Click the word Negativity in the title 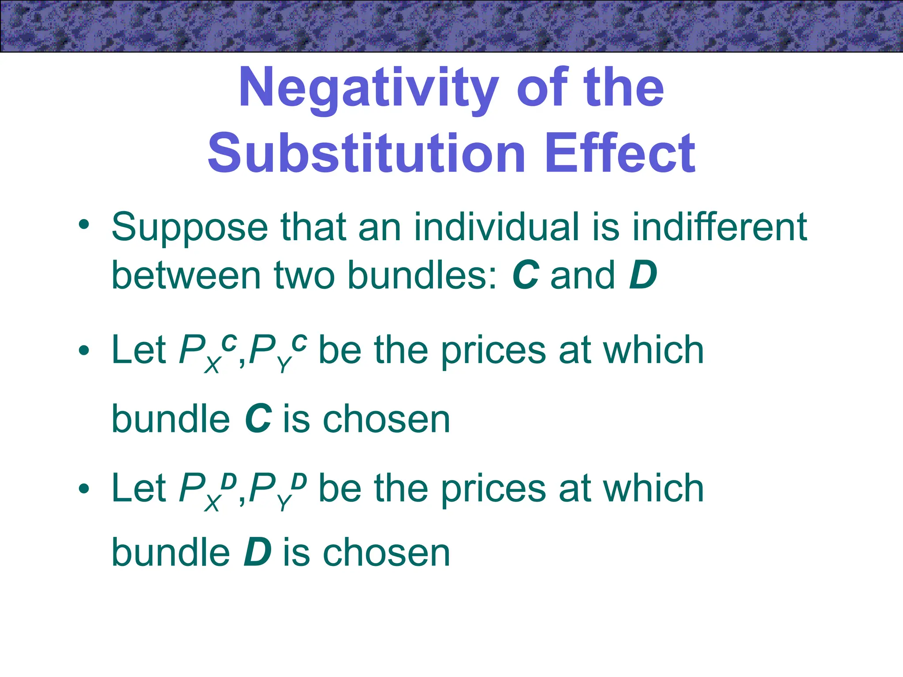pos(369,88)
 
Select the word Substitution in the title pos(366,153)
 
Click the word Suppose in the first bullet pos(190,228)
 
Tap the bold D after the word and pos(643,275)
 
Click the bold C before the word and pos(526,275)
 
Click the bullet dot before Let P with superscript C pos(84,351)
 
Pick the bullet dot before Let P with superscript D pos(84,488)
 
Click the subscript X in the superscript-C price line pos(212,365)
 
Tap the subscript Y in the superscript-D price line pos(284,503)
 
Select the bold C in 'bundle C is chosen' pos(258,419)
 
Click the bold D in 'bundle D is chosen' pos(257,553)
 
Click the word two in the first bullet pos(304,275)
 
